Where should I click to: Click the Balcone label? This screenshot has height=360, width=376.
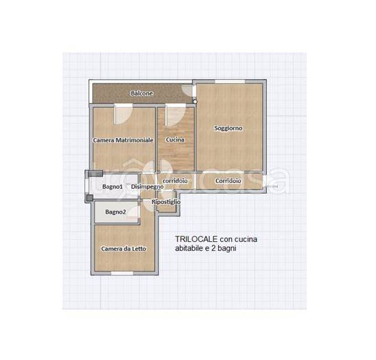tap(142, 93)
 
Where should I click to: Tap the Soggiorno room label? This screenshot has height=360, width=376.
tap(228, 128)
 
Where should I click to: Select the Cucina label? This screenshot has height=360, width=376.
tap(175, 139)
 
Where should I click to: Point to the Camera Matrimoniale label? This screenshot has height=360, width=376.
tap(123, 140)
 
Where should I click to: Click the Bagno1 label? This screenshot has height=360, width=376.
tap(113, 187)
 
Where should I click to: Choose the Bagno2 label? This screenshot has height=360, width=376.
tap(115, 212)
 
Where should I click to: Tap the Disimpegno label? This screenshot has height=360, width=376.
tap(148, 187)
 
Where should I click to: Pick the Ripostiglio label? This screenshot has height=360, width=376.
tap(166, 202)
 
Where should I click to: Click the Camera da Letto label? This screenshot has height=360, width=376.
tap(124, 249)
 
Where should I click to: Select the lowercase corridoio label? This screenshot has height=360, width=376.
tap(175, 181)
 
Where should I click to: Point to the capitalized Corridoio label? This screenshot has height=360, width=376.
tap(228, 181)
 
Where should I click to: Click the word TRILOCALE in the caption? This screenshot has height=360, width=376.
tap(196, 239)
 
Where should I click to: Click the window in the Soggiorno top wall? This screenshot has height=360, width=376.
tap(230, 82)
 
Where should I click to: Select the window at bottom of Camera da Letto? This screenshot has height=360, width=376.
tap(122, 273)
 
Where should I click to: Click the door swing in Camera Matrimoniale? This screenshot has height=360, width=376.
tap(123, 114)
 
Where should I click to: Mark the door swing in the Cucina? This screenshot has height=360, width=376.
tap(176, 115)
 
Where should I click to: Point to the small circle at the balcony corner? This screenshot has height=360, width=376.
tap(195, 102)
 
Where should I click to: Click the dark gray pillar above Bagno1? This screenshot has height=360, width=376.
tap(95, 173)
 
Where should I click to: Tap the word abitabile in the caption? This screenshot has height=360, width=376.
tap(189, 248)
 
